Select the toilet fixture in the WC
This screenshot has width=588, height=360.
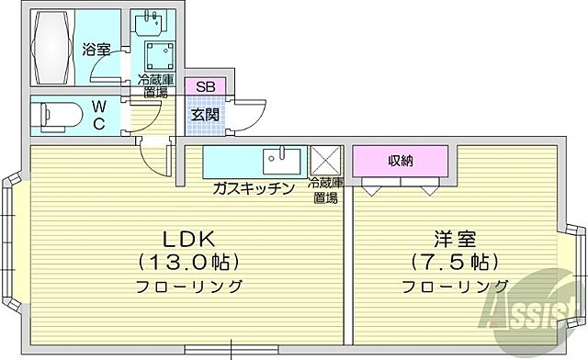[x=55, y=117]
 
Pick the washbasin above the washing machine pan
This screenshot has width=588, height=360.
[x=153, y=21]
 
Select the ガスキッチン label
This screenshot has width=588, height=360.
[x=253, y=188]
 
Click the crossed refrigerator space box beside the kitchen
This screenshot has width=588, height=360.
[x=324, y=162]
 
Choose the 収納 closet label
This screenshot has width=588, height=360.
[x=400, y=161]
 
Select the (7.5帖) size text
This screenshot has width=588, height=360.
[x=455, y=261]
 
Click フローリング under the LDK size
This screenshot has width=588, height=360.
[x=189, y=287]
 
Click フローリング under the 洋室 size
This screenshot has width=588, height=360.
[x=455, y=287]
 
